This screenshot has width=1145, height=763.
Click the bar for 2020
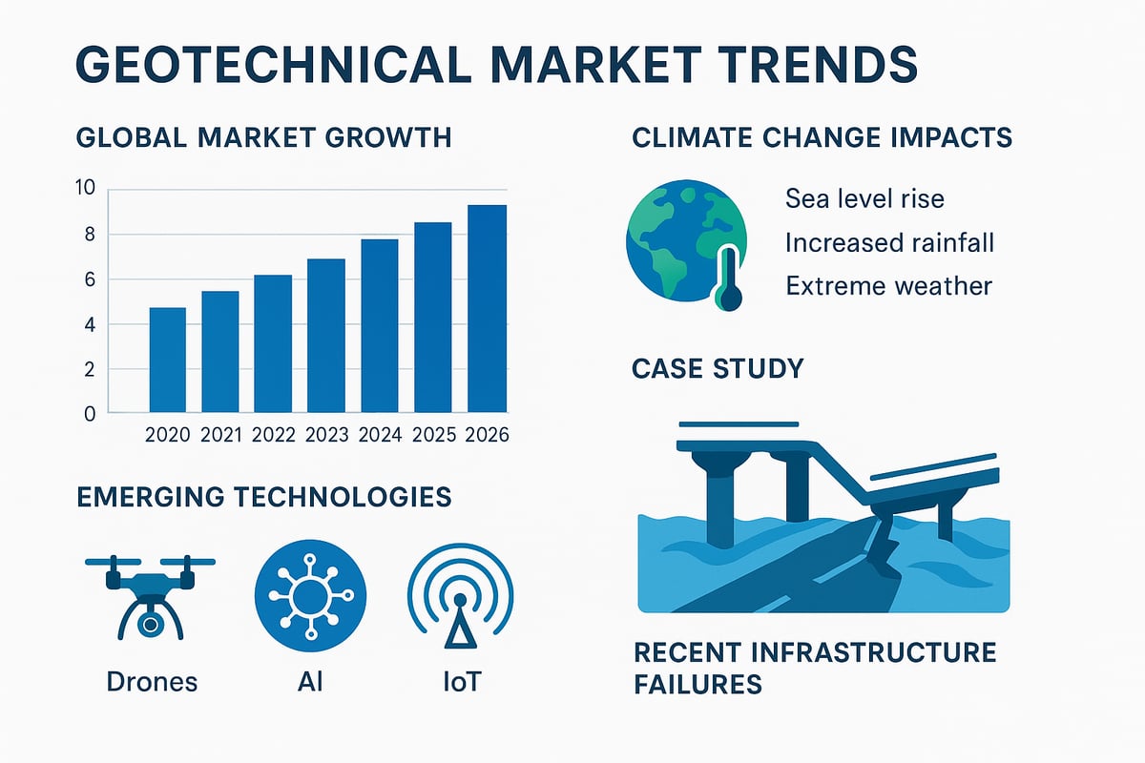167,361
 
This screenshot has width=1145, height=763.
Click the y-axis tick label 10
86,188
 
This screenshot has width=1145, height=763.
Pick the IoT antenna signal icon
459,600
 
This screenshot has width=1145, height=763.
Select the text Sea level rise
864,199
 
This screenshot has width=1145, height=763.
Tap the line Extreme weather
888,285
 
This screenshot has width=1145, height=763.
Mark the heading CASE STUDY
718,368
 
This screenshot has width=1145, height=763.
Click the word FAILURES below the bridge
697,684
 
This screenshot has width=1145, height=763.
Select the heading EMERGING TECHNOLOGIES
262,497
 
